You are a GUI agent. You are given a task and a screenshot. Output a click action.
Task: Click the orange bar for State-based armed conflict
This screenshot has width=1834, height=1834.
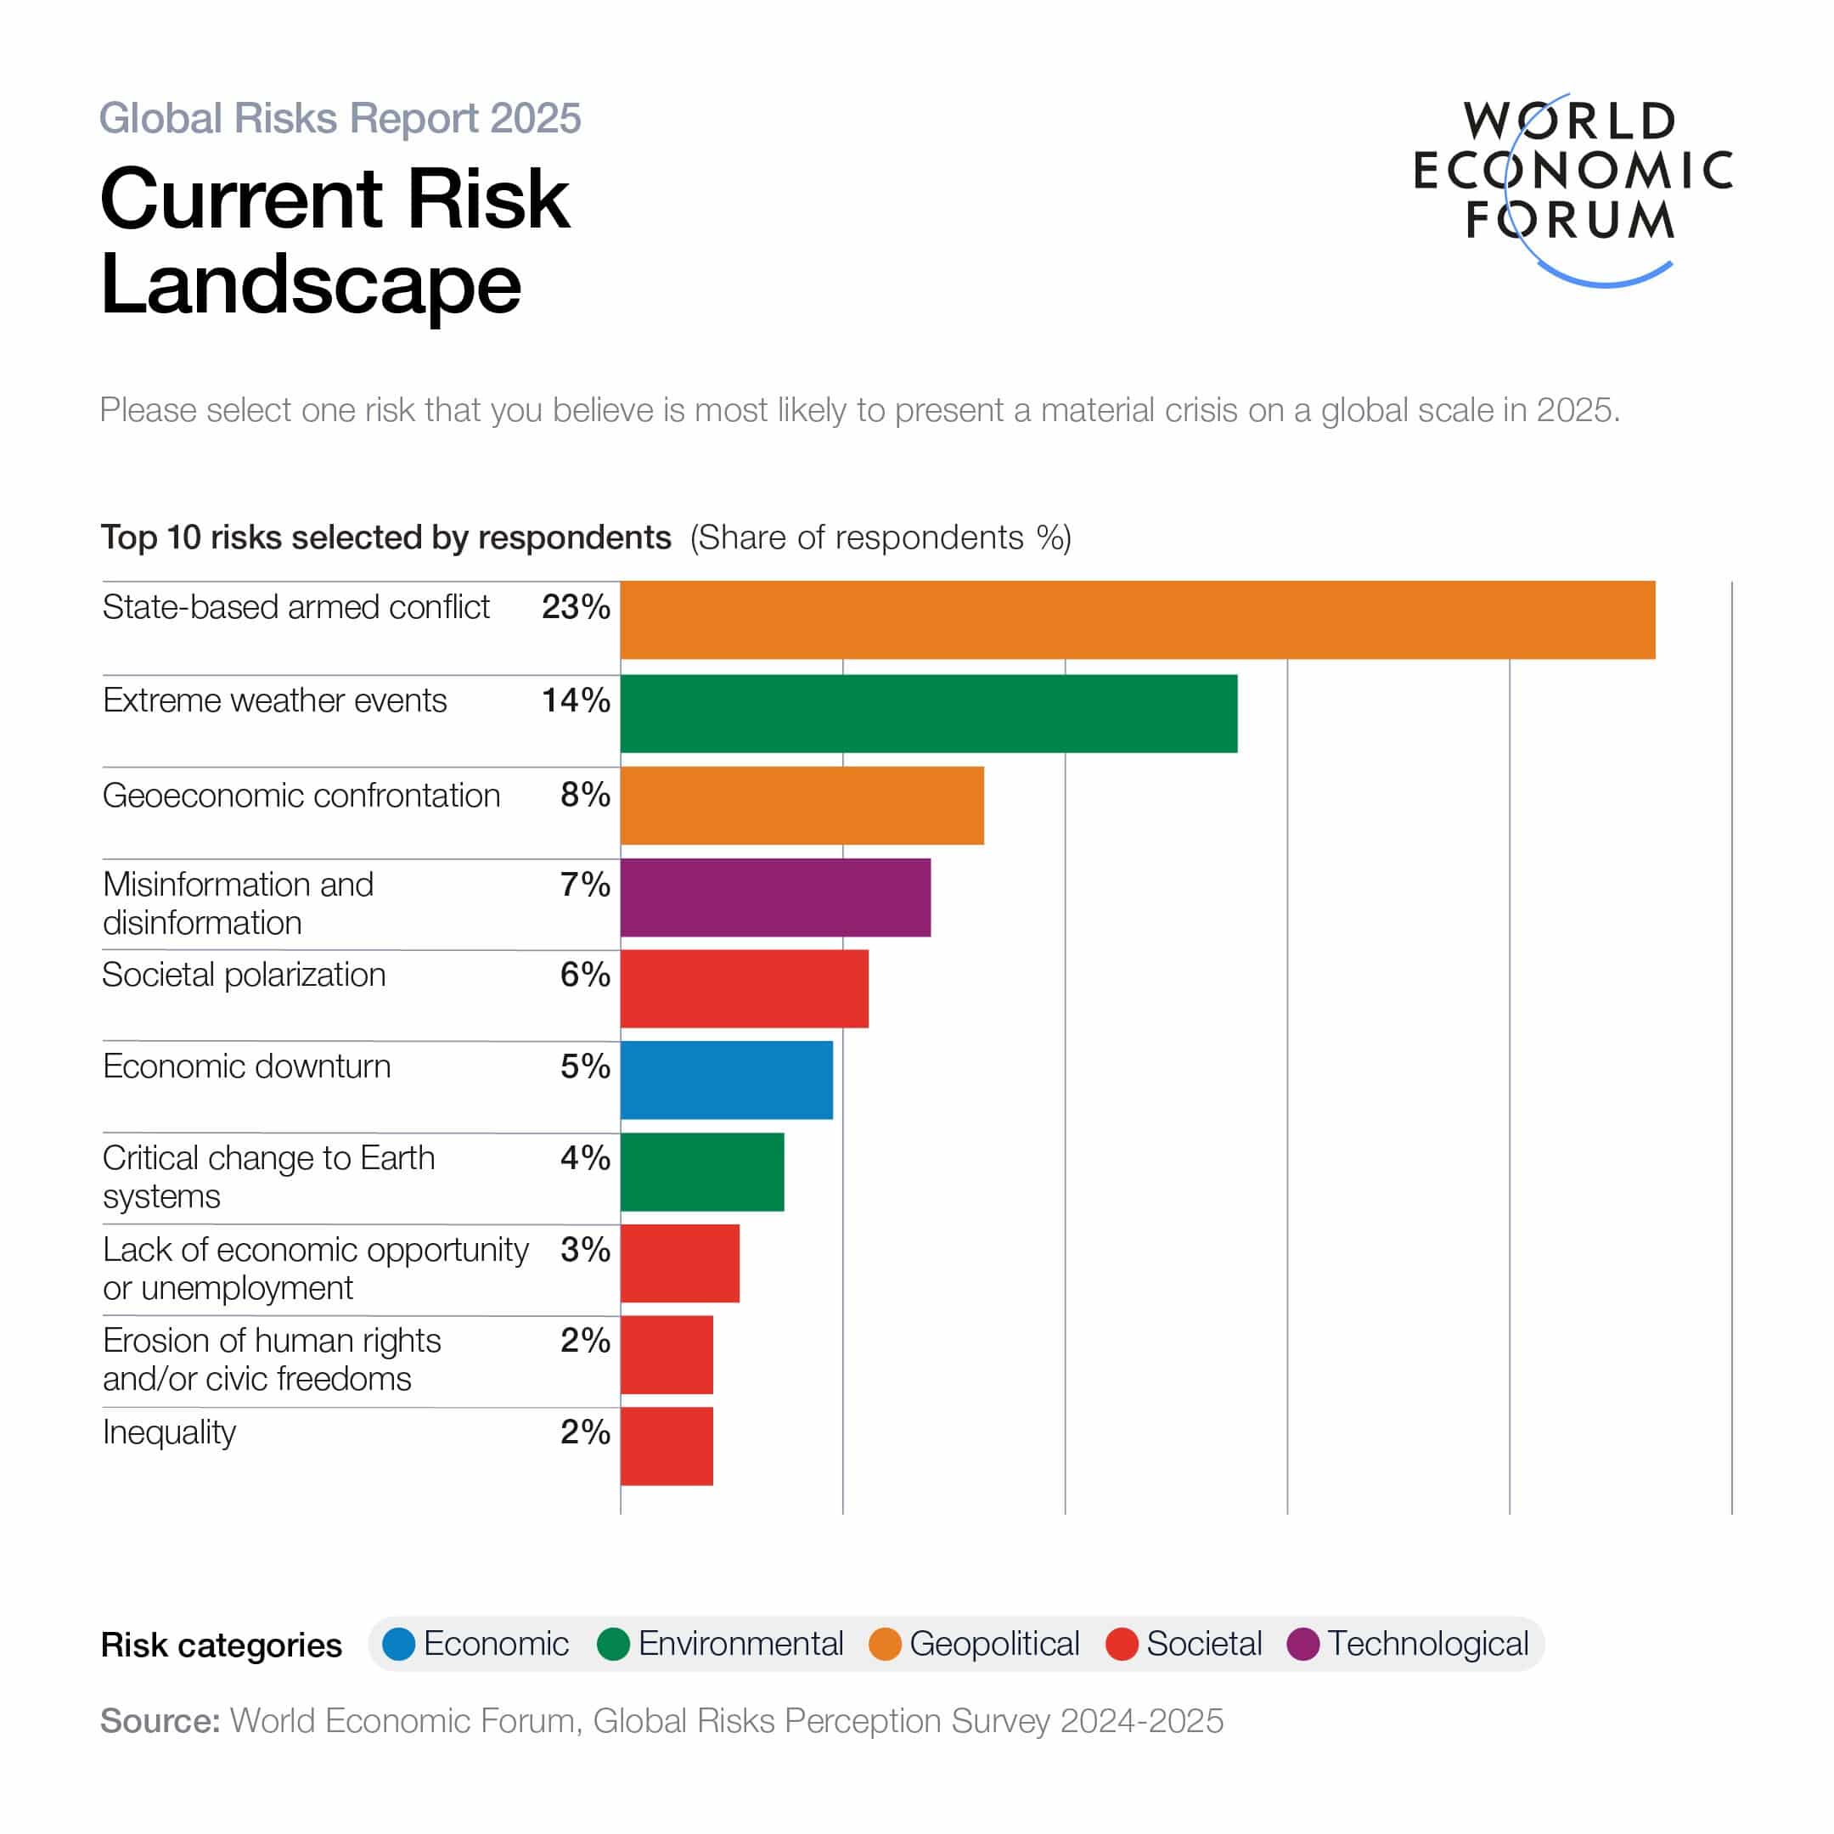(x=1137, y=620)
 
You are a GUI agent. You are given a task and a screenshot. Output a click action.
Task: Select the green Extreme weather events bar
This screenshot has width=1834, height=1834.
(x=928, y=714)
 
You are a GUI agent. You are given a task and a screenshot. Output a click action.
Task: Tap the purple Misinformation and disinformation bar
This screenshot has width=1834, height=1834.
(x=775, y=897)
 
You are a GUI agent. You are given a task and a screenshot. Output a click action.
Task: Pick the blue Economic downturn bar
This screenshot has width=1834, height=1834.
(x=726, y=1080)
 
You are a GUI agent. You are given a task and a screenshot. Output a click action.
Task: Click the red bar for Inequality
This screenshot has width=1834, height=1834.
(x=667, y=1446)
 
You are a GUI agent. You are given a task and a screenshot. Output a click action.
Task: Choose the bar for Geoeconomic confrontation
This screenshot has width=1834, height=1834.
(x=802, y=805)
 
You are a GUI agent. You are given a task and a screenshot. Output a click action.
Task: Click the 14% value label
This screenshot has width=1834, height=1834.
(x=576, y=700)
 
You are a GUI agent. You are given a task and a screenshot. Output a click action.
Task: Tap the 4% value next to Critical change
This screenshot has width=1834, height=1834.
(x=585, y=1157)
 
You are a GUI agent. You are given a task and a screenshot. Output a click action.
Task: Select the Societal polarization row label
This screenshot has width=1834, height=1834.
(x=244, y=975)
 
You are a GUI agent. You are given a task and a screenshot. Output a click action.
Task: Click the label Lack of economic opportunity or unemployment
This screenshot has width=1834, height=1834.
(x=315, y=1269)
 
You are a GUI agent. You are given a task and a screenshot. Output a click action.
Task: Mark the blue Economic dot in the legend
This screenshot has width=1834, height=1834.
(x=399, y=1644)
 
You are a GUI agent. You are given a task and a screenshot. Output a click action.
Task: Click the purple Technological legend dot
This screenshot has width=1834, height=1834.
(x=1302, y=1644)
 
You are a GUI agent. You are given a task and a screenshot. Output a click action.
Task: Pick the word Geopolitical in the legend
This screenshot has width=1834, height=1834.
(x=994, y=1644)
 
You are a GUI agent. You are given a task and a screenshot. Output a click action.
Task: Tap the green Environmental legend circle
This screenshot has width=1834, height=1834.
(x=613, y=1644)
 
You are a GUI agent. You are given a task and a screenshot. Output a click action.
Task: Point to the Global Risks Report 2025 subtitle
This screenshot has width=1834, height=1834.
(x=340, y=119)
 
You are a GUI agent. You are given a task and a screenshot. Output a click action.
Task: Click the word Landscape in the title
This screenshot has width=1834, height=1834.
(x=312, y=284)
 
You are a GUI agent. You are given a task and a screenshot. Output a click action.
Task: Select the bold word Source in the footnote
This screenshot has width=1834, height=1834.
(x=160, y=1721)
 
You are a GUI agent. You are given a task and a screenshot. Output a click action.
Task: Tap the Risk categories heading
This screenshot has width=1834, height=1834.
(x=221, y=1646)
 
